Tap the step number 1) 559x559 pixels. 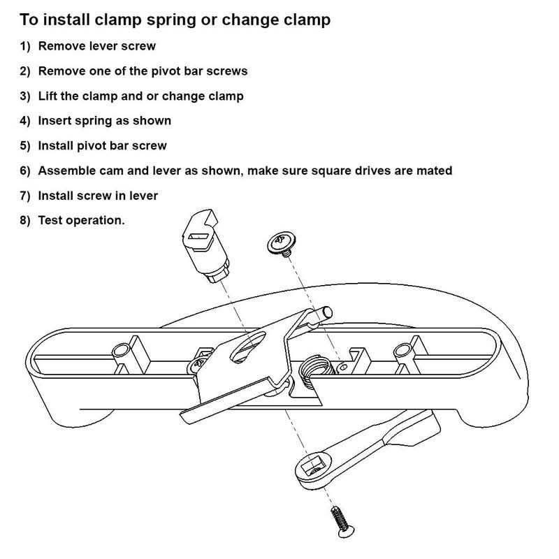[26, 47]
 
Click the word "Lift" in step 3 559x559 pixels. [48, 96]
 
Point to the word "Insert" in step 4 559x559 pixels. [55, 121]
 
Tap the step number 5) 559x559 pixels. [26, 146]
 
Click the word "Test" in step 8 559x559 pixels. [50, 221]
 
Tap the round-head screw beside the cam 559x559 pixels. [281, 243]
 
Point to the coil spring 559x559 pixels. [312, 368]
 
